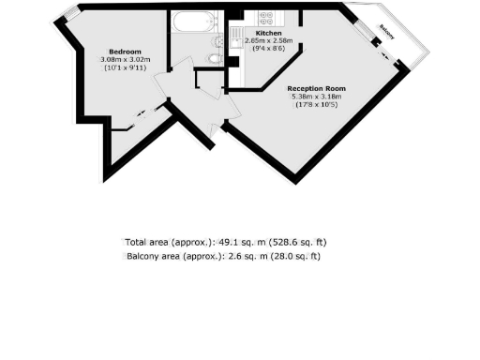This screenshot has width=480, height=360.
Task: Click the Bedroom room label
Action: tap(125, 51)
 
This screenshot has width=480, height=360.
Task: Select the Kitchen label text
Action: tap(255, 33)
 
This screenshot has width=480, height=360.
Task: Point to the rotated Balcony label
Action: tap(387, 29)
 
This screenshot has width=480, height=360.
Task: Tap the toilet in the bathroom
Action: tap(215, 58)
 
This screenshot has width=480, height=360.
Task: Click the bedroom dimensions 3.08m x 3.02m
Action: tap(125, 60)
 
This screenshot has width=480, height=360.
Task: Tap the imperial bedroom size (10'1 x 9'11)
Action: tap(125, 68)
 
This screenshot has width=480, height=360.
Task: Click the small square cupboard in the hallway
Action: tap(207, 79)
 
